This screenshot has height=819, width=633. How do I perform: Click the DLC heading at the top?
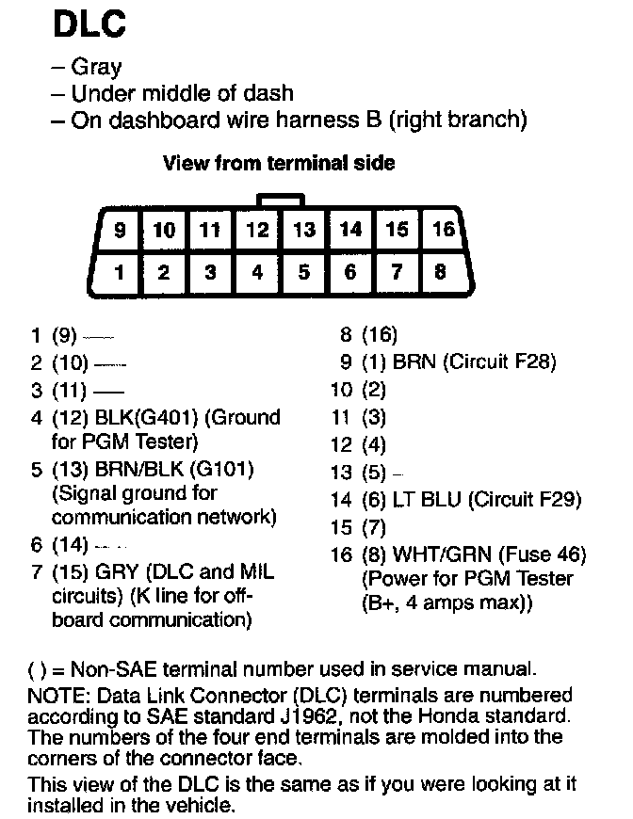pyautogui.click(x=89, y=24)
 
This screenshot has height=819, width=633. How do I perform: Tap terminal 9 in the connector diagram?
pyautogui.click(x=118, y=230)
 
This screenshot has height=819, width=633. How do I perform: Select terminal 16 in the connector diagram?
pyautogui.click(x=443, y=230)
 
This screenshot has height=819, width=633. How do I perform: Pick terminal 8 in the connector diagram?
pyautogui.click(x=441, y=273)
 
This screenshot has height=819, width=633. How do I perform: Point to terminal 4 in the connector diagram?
pyautogui.click(x=257, y=273)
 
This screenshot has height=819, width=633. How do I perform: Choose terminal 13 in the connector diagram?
pyautogui.click(x=303, y=230)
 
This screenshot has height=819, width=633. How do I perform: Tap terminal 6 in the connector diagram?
pyautogui.click(x=349, y=273)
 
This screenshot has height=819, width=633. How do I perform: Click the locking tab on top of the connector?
pyautogui.click(x=281, y=199)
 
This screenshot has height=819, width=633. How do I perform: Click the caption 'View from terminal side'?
pyautogui.click(x=279, y=163)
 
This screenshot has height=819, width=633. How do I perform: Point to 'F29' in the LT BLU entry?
pyautogui.click(x=550, y=500)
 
